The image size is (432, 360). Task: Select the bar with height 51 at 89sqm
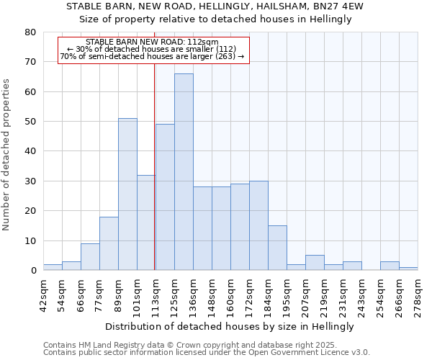pos(127,194)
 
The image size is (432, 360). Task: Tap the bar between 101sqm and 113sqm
pos(146,222)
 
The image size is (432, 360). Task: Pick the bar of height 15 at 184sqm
pos(277,248)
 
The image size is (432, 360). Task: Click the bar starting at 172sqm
pos(258,225)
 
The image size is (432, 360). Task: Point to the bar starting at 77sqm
pos(109,243)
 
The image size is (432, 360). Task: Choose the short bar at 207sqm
pos(315,263)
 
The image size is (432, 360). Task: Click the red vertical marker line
pos(155,180)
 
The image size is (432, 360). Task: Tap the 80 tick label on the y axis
pos(30,32)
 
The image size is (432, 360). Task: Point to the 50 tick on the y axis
pos(30,122)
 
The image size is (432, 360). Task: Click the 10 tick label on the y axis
pos(30,240)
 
